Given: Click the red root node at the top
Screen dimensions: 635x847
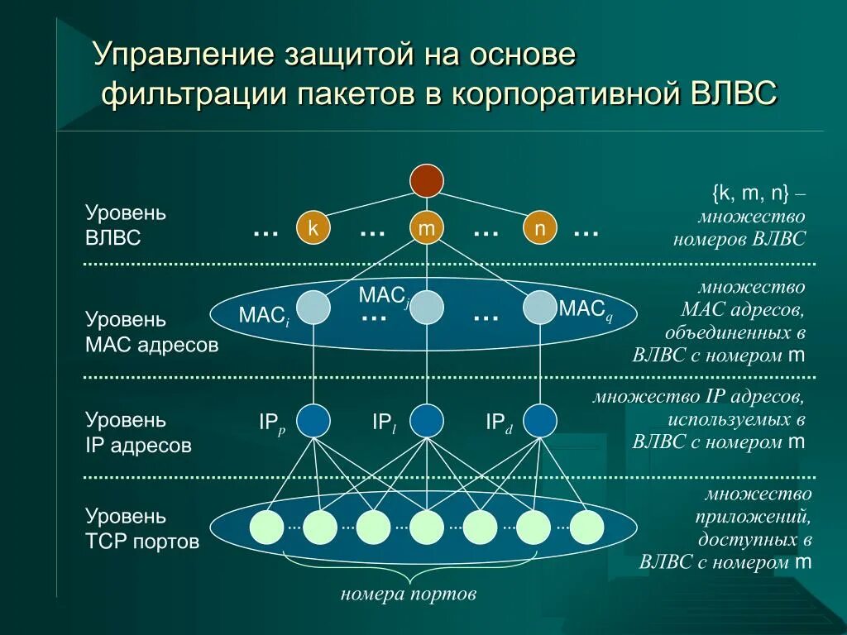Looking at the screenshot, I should click(427, 180).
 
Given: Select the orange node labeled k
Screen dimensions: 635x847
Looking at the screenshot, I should click(313, 229).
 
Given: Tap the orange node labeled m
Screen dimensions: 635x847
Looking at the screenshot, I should click(427, 229).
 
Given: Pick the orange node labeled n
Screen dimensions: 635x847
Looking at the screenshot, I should click(539, 229).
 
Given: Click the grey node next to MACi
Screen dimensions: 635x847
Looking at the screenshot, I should click(313, 308).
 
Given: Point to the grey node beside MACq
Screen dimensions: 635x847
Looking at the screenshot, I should click(539, 308).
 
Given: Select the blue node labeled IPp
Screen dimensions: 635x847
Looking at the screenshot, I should click(313, 420).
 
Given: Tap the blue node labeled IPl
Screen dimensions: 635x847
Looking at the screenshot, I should click(427, 420).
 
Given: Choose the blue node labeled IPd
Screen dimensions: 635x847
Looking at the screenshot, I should click(539, 420).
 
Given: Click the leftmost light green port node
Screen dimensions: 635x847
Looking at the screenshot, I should click(267, 527).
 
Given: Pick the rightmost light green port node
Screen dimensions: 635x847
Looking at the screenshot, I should click(587, 527).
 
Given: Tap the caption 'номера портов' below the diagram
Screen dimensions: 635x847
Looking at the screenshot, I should click(409, 594).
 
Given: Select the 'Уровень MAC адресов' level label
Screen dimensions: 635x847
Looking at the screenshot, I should click(151, 332).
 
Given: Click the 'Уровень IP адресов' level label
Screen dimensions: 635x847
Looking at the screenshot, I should click(138, 432).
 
